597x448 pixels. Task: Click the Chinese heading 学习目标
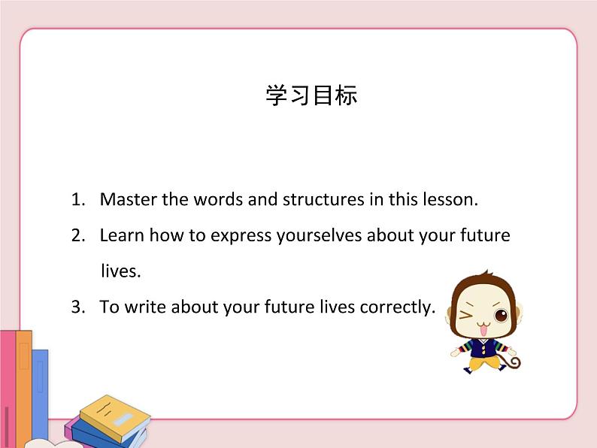point(311,95)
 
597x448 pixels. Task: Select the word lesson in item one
point(450,200)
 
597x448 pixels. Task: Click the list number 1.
point(78,200)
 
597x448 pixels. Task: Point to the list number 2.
point(78,235)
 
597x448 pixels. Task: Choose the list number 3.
point(78,307)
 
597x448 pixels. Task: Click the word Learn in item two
point(122,235)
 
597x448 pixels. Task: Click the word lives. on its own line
point(120,271)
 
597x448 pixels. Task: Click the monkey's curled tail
point(513,363)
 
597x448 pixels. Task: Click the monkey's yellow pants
point(481,364)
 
